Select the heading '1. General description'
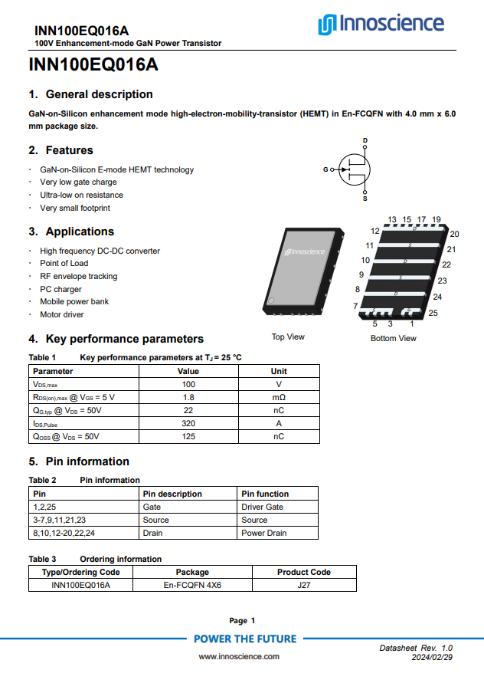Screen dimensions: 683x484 (90, 94)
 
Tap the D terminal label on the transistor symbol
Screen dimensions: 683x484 (365, 140)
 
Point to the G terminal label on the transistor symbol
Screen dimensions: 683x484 (325, 169)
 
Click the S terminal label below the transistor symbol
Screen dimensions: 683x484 (365, 199)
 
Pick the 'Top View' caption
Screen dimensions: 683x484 (288, 337)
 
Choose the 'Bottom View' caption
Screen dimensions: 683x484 (394, 338)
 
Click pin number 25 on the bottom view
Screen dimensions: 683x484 (433, 313)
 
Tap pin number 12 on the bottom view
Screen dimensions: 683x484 (375, 231)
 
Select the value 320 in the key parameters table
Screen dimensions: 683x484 (188, 423)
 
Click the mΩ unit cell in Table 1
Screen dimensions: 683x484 (279, 398)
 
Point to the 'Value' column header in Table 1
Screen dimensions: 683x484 (188, 371)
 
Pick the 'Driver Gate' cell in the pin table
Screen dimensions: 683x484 (262, 507)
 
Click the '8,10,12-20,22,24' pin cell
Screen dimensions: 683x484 (64, 533)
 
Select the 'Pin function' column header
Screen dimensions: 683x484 (265, 494)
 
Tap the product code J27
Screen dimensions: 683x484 (304, 585)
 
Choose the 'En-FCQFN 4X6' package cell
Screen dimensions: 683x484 (192, 585)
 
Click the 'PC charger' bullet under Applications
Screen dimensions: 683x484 (60, 289)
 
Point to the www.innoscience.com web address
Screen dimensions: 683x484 (239, 656)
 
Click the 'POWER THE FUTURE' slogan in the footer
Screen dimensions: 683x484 (244, 639)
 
